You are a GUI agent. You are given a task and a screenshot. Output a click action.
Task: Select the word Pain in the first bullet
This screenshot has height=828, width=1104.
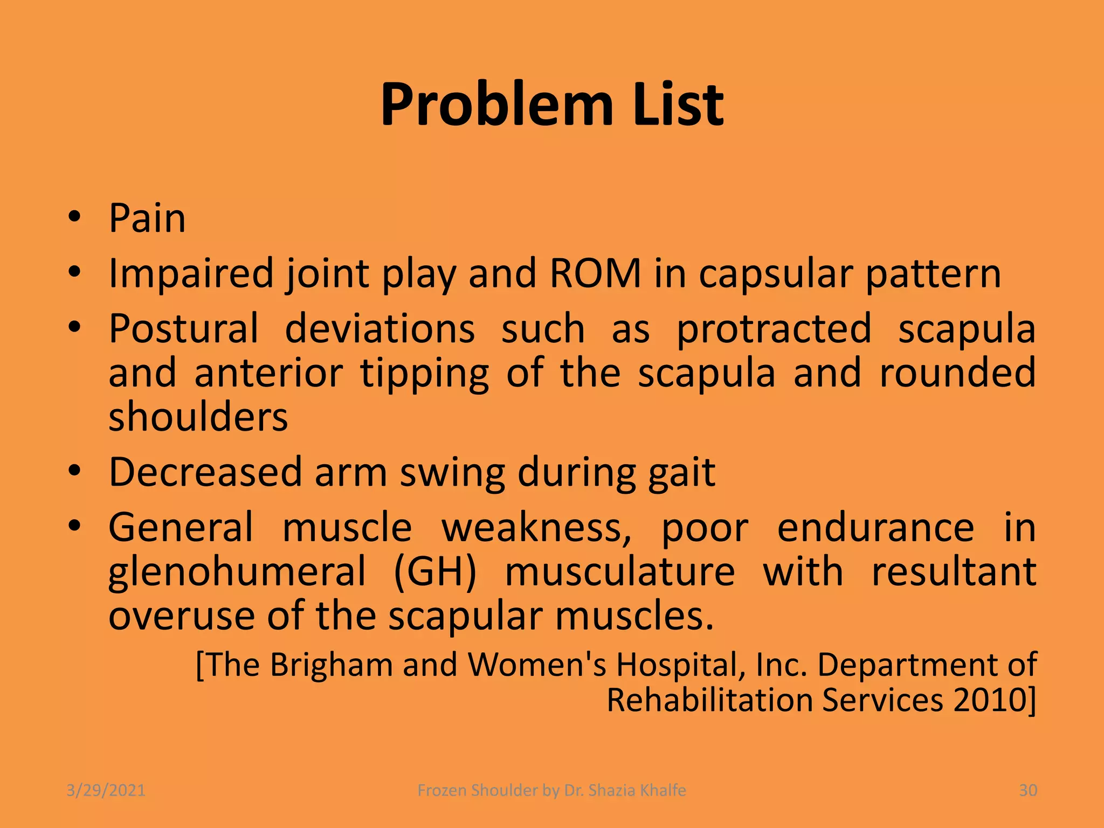pos(147,218)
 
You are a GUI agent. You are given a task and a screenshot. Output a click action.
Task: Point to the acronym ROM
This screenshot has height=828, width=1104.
pos(595,273)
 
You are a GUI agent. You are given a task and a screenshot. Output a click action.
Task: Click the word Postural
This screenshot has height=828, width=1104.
pos(184,328)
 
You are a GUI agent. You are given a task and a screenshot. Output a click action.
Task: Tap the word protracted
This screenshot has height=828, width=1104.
pos(774,329)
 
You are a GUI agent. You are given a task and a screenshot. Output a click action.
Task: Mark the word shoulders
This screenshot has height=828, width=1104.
pos(198,417)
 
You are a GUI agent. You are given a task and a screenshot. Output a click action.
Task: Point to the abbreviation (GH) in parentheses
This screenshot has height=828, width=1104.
pos(435,572)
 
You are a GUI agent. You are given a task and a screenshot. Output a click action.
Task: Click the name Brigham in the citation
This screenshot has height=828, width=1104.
pos(331,665)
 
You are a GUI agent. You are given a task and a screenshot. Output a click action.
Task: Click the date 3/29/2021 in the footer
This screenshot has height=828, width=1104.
pos(106,790)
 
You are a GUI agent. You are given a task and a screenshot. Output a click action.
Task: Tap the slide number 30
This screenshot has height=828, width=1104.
pos(1028,790)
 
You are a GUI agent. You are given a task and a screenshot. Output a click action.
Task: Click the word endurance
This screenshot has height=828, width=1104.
pos(875,527)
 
